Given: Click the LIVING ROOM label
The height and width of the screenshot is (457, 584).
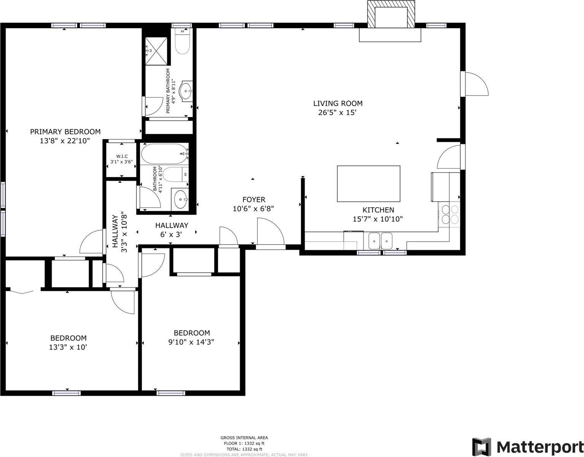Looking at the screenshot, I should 338,103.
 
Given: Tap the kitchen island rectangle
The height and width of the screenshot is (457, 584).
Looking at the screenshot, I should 368,184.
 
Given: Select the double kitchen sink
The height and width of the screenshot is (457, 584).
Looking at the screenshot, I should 380,241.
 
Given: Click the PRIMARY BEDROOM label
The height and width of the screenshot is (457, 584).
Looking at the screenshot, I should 65,132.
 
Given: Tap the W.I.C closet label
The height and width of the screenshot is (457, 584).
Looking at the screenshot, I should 122,157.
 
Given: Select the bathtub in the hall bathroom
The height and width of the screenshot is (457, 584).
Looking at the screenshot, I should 164,154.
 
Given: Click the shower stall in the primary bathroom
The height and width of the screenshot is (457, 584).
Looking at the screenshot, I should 156,51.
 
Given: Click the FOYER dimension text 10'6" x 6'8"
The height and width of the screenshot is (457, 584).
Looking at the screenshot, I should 253,209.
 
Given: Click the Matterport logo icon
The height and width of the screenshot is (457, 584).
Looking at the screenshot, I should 482,446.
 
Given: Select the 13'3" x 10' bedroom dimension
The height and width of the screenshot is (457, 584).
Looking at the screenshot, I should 68,347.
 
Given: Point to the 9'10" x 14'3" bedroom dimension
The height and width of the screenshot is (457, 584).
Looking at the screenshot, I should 191,342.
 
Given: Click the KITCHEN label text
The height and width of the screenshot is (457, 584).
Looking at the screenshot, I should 378,210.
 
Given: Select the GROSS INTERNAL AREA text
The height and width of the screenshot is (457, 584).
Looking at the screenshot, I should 244,438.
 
